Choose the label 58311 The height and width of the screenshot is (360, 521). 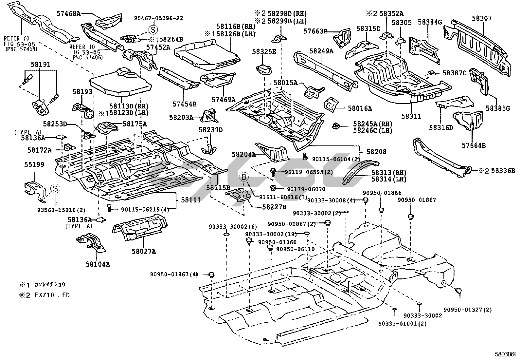pyautogui.click(x=411, y=116)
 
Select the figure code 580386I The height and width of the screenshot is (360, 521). pyautogui.click(x=505, y=354)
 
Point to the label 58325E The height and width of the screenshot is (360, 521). pyautogui.click(x=264, y=51)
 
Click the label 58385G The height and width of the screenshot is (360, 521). pyautogui.click(x=497, y=108)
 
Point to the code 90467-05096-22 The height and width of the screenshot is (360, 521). pyautogui.click(x=158, y=18)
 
